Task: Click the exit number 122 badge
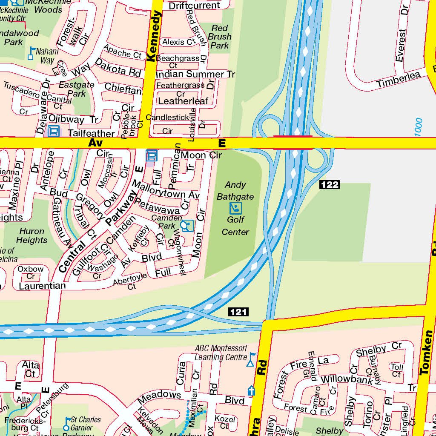tap(329, 184)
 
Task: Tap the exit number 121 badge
tap(238, 312)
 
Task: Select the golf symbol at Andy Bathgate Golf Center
tap(235, 208)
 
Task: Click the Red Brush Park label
tap(220, 37)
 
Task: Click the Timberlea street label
tap(398, 80)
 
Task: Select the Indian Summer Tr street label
tap(195, 75)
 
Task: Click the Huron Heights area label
tap(32, 235)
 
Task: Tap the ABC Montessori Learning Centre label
tap(221, 353)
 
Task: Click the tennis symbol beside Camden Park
tap(186, 226)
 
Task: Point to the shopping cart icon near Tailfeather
tap(54, 131)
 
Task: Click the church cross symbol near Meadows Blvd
tap(251, 390)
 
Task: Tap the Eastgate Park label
tap(77, 89)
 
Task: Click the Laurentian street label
tap(42, 286)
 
